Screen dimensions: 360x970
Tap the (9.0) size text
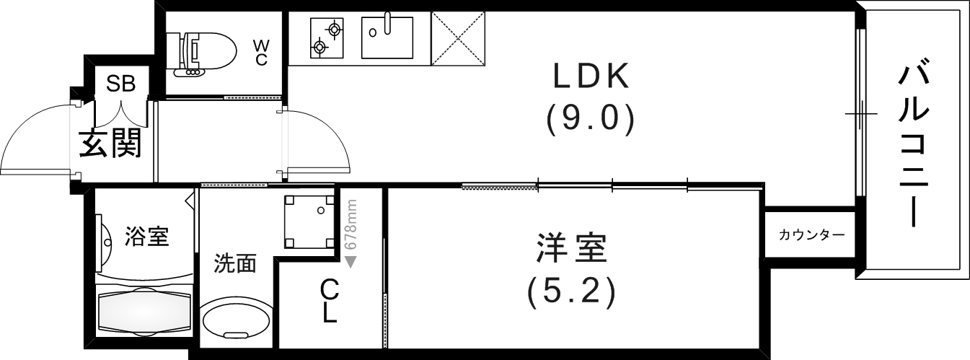(591, 119)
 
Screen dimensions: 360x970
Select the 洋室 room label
(573, 250)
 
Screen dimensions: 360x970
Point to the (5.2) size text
(572, 291)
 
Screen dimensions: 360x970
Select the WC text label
(260, 53)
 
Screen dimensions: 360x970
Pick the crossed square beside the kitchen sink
(459, 38)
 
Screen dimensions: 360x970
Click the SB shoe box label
(121, 83)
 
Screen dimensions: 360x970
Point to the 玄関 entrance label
(110, 144)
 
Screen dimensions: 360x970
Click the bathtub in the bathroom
(144, 310)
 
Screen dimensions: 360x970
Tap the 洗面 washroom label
(234, 264)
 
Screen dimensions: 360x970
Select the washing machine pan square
(309, 221)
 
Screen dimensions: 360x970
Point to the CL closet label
(329, 301)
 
